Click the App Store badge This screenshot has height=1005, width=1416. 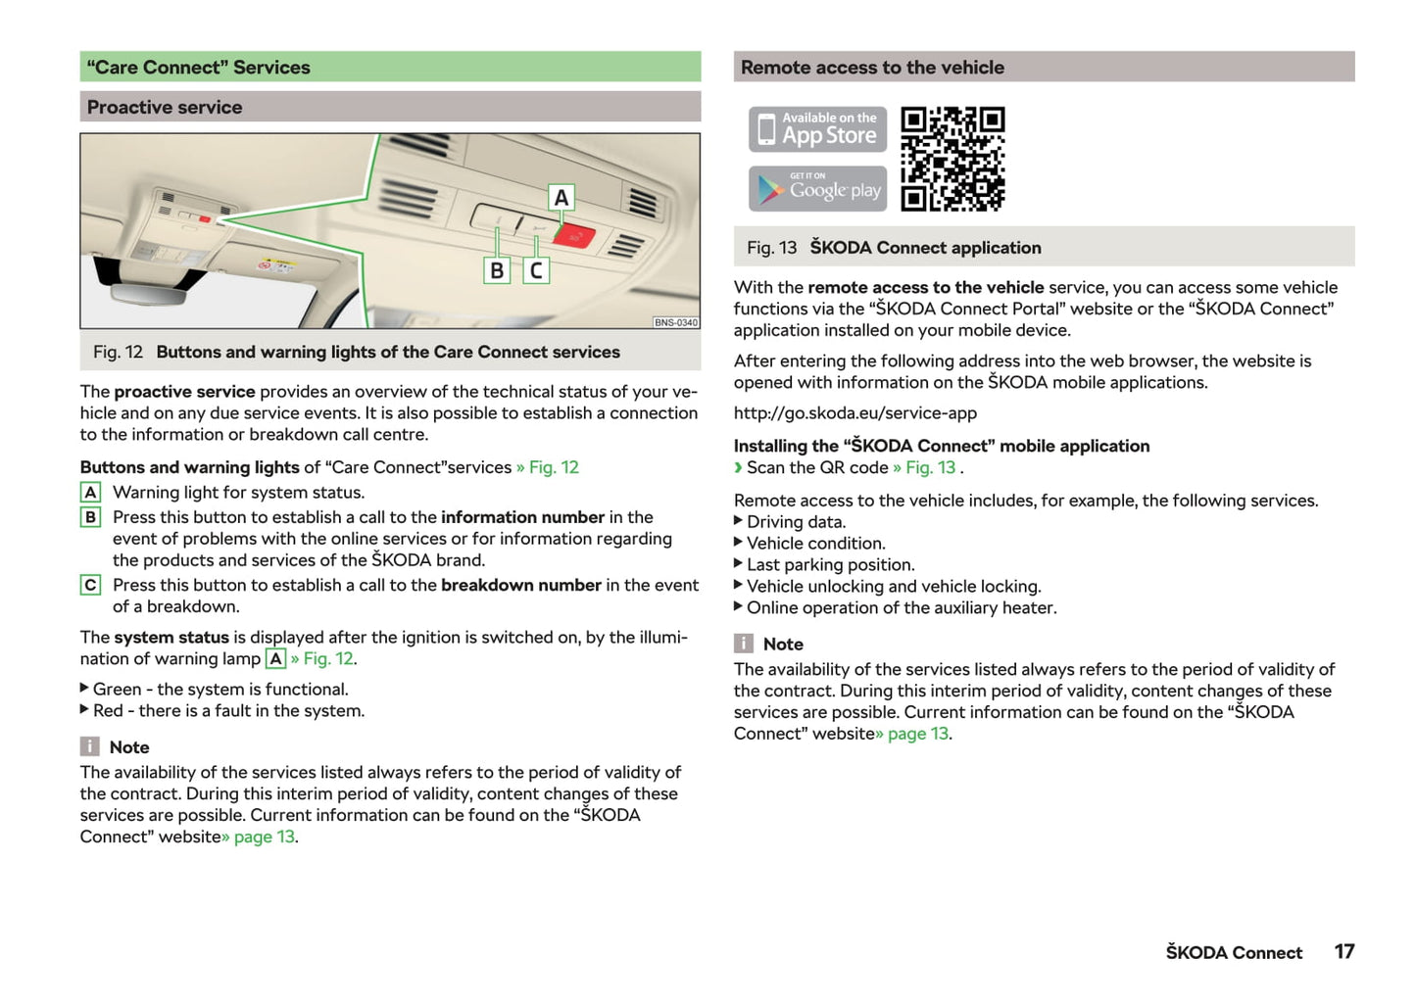pos(817,129)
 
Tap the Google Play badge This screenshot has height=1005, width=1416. pos(817,188)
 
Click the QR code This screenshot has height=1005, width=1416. pos(952,159)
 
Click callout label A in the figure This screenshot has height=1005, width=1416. pos(561,198)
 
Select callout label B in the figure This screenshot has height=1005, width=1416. pos(497,270)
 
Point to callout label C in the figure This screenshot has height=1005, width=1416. pos(536,270)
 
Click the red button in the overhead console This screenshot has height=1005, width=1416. pos(573,236)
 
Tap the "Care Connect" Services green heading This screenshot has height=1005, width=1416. pos(390,67)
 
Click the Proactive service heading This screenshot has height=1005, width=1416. pos(390,107)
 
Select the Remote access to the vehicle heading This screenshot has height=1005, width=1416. pos(1044,67)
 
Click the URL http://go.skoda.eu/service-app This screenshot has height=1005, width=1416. pos(854,413)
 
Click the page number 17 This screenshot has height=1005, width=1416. pos(1343,951)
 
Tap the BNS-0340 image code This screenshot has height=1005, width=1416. pos(675,322)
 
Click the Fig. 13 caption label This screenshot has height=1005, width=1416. pos(771,248)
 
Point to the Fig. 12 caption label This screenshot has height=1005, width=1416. pos(118,352)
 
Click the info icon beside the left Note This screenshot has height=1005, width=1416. pos(89,746)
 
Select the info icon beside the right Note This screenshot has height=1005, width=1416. pos(744,644)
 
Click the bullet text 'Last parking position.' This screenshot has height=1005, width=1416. pos(830,565)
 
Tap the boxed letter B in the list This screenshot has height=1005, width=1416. pos(90,517)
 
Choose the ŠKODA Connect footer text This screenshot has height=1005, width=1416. pos(1233,952)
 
